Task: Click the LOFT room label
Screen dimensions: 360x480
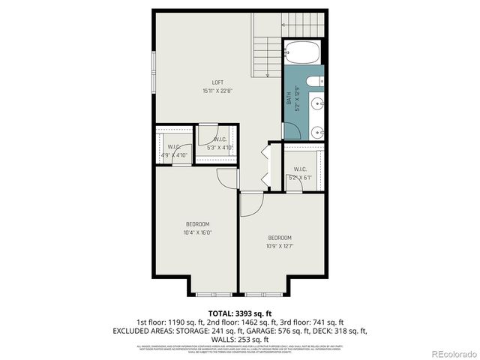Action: [x=217, y=82]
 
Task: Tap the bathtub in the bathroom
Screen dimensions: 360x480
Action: [x=304, y=53]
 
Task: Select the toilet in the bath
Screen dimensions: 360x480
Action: [x=316, y=82]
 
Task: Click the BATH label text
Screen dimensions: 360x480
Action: [x=289, y=97]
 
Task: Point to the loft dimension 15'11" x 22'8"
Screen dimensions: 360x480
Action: [x=217, y=91]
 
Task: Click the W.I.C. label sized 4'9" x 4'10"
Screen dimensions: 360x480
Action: [x=173, y=147]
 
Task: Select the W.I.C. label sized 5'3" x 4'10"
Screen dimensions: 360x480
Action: [x=220, y=139]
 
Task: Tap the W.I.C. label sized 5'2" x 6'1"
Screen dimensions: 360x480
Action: [x=301, y=169]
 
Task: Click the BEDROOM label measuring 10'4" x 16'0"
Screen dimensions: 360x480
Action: [x=197, y=224]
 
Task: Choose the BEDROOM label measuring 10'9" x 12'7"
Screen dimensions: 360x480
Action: [x=280, y=238]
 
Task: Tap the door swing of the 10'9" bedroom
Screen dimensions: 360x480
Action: [x=252, y=202]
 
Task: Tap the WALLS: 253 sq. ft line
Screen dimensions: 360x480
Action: [x=240, y=339]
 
